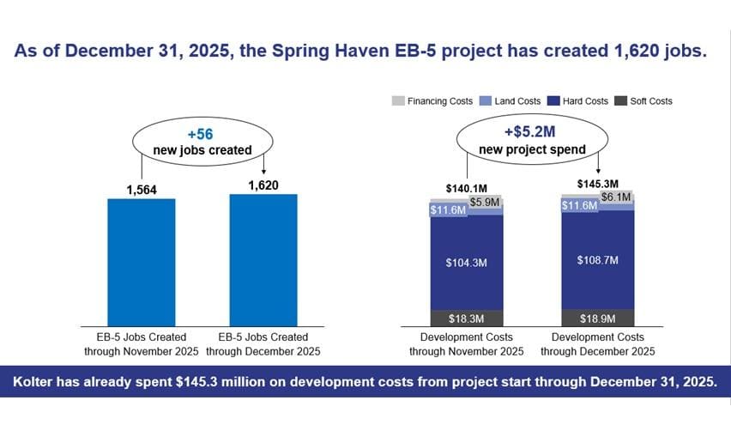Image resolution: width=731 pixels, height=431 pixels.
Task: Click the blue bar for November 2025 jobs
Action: coord(142,263)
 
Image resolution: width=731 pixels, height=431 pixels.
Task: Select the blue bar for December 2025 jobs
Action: coord(263,260)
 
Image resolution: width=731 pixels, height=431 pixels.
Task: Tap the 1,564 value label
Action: coord(142,190)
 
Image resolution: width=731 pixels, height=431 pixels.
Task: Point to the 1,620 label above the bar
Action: coord(263,185)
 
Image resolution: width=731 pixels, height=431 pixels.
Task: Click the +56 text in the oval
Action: coord(201,134)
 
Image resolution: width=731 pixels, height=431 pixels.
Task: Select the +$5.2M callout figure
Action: coord(530,131)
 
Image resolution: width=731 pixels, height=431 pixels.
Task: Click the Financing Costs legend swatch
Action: coord(398,100)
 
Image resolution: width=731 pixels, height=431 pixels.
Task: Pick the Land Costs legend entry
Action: coord(510,100)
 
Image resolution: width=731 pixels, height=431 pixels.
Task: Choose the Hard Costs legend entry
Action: coord(578,100)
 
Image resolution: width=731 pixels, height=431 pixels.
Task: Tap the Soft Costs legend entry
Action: coord(643,100)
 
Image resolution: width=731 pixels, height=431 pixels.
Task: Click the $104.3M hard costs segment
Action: coord(467,263)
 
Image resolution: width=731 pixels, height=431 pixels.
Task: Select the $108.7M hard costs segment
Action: coord(598,260)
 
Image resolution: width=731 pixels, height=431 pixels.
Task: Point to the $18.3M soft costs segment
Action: coord(467,319)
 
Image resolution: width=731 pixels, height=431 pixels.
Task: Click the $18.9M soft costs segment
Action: coord(598,319)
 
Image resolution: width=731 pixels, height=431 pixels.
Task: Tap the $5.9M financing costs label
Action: coord(485,202)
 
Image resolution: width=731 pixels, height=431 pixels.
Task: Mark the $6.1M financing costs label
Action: coord(616,197)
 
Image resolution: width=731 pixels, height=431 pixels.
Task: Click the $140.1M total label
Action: coord(467,188)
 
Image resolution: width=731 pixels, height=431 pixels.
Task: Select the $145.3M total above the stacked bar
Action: coord(598,184)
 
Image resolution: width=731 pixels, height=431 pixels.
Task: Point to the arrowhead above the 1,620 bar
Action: coord(264,171)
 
